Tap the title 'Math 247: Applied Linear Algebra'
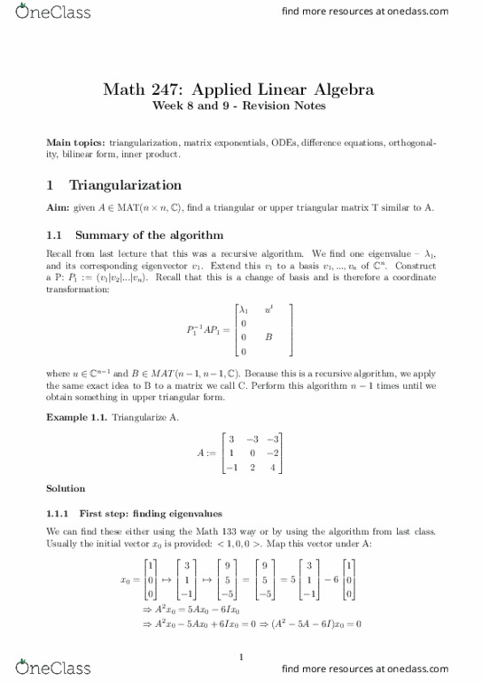click(x=239, y=89)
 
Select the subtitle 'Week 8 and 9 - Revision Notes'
click(x=239, y=106)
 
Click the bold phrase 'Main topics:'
click(x=75, y=142)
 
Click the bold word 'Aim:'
click(x=58, y=207)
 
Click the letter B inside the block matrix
click(x=268, y=337)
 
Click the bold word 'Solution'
click(x=66, y=488)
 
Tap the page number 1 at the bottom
click(x=241, y=656)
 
